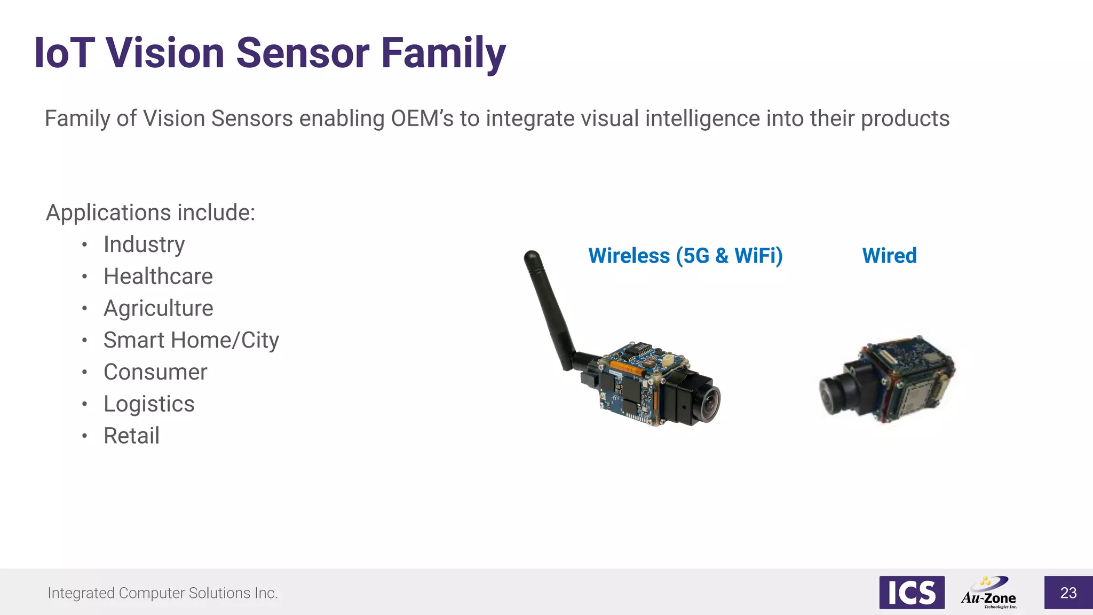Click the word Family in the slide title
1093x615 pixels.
point(443,53)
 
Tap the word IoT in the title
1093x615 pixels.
point(64,53)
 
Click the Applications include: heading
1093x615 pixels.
point(151,212)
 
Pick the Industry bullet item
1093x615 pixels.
point(144,245)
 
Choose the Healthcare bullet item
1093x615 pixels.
point(158,277)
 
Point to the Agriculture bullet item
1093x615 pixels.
point(159,309)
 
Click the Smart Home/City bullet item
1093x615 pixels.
point(191,341)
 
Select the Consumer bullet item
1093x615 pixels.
point(155,372)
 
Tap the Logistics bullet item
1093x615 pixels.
point(149,404)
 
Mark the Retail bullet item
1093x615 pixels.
point(131,436)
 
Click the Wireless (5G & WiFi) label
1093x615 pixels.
point(685,256)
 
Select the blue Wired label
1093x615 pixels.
point(889,256)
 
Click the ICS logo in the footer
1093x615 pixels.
point(912,593)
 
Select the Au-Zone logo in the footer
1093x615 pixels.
point(989,593)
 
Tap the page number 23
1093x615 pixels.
point(1068,593)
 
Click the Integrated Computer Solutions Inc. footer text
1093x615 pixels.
point(163,593)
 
